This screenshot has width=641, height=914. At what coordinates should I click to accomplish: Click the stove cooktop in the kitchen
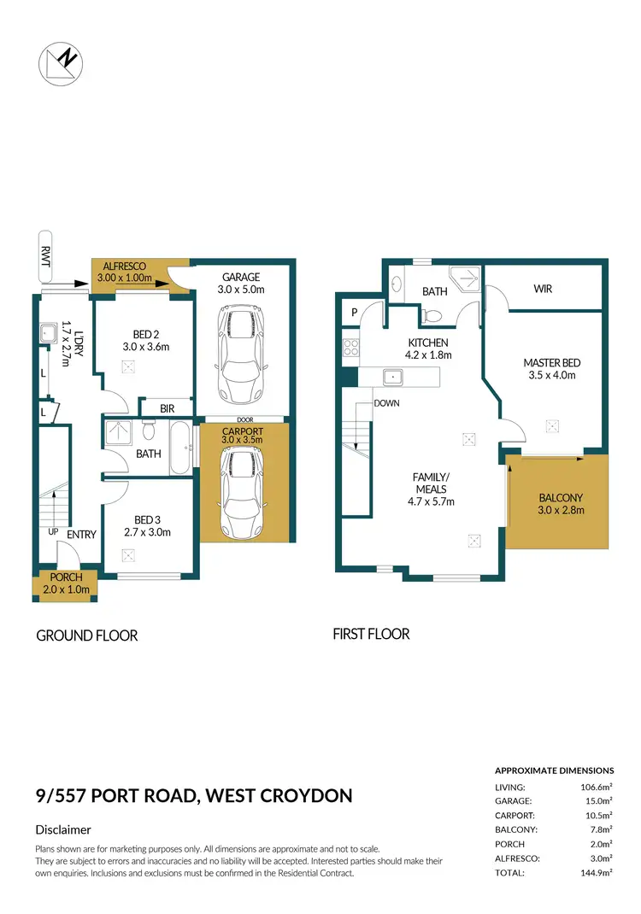click(x=350, y=348)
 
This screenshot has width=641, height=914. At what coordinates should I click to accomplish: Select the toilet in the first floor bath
click(x=433, y=315)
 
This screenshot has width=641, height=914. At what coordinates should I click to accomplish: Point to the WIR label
click(x=542, y=289)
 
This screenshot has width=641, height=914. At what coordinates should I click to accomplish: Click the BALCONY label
click(x=560, y=498)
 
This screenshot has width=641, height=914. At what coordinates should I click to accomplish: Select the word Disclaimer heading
click(x=63, y=829)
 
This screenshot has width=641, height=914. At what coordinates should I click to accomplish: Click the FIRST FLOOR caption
click(x=370, y=634)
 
